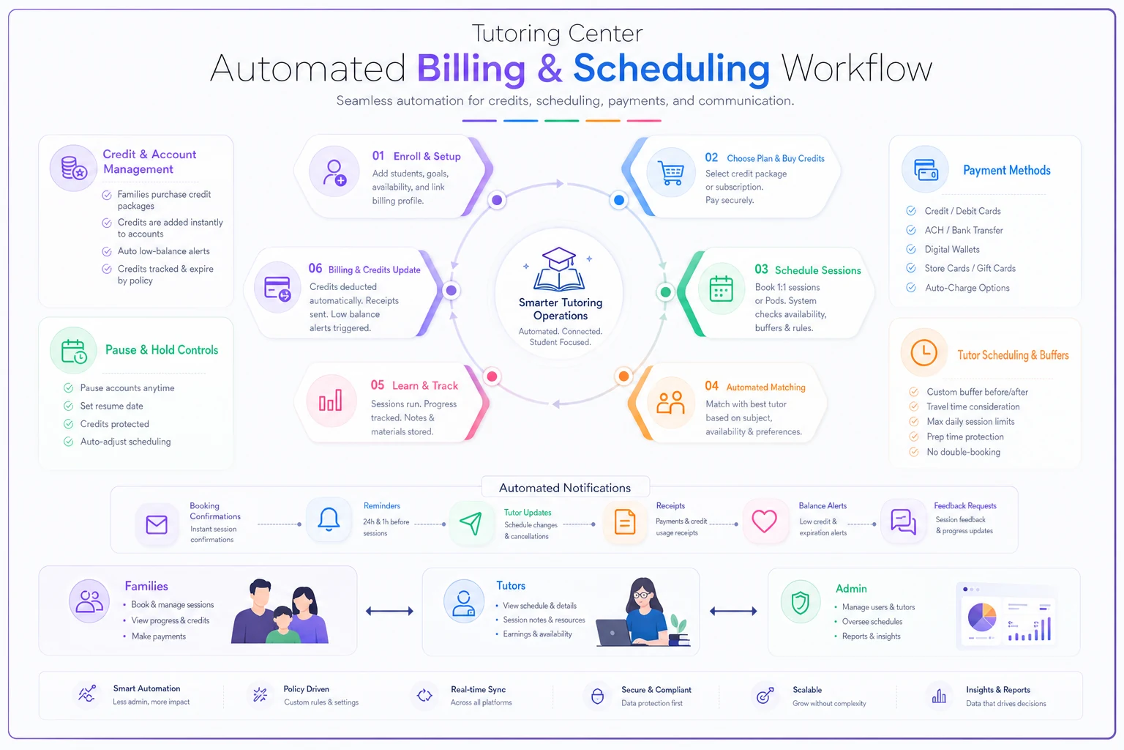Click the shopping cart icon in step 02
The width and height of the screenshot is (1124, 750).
670,174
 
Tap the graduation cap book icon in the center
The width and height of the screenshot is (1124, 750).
559,269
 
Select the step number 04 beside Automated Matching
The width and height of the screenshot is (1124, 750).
711,386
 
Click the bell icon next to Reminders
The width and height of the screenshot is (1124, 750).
329,519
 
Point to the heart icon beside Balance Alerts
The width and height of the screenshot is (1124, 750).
764,521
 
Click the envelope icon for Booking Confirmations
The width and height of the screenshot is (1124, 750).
157,524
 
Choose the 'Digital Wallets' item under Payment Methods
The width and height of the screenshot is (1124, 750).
952,249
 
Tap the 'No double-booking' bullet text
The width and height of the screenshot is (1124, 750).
963,452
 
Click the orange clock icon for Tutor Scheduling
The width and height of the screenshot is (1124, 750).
923,352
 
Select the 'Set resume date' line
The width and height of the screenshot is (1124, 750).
111,406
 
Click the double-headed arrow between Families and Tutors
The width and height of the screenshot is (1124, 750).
389,611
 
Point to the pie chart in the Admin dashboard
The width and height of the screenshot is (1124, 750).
981,617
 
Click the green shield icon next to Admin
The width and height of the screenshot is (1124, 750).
801,602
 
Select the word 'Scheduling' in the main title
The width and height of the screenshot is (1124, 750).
671,68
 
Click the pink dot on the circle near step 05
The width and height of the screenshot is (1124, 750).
492,376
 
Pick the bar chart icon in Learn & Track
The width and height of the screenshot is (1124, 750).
331,401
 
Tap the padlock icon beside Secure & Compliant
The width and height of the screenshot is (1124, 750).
597,696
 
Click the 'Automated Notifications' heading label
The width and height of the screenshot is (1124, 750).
564,488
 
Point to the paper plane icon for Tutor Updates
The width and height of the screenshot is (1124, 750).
471,524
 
